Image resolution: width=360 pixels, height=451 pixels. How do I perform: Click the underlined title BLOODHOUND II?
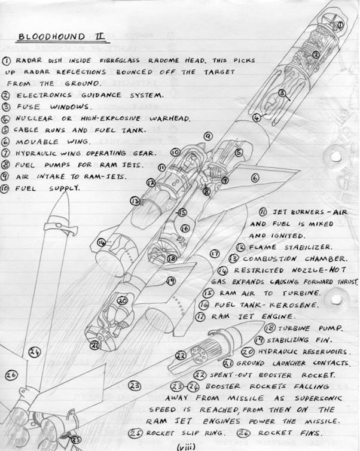[x=60, y=36]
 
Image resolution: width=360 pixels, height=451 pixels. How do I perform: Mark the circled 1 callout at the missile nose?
[x=340, y=25]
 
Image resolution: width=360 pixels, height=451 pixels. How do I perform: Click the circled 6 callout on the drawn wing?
[x=255, y=177]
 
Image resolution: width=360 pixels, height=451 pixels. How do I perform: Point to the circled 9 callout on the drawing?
[x=208, y=137]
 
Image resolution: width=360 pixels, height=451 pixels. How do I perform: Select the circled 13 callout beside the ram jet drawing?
[x=135, y=201]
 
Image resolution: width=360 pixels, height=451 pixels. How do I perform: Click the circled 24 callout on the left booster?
[x=34, y=352]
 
